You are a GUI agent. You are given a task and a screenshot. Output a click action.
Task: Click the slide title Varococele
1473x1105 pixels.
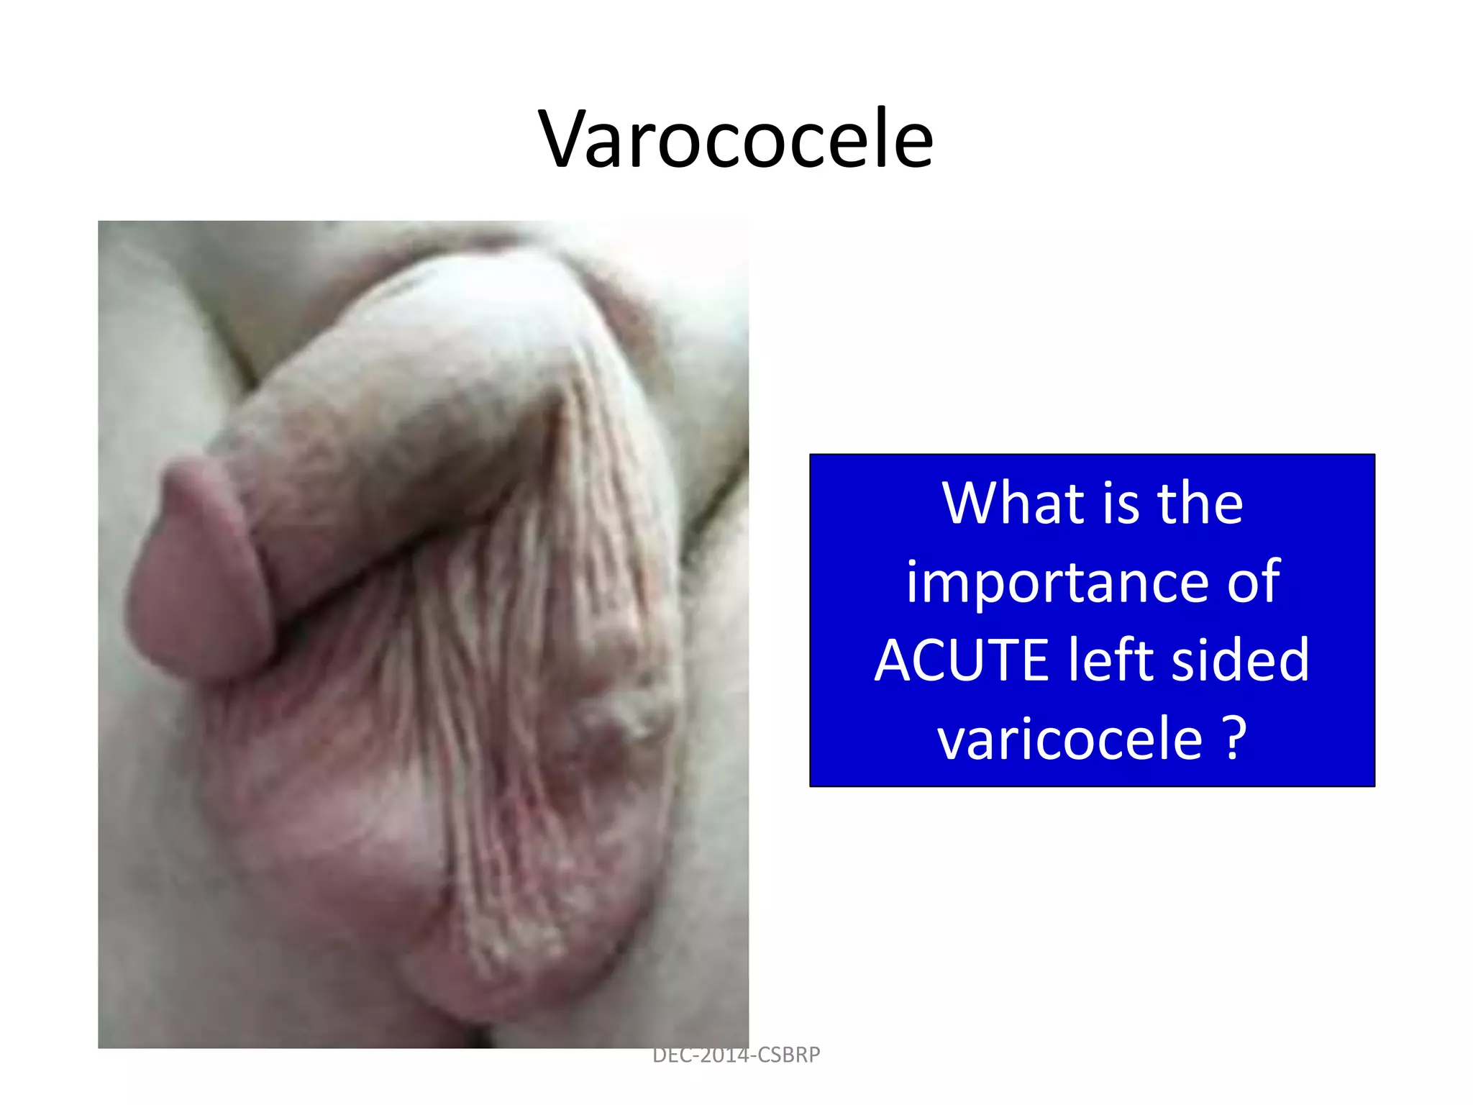click(736, 138)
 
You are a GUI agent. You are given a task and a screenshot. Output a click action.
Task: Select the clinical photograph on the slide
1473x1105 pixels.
click(423, 633)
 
